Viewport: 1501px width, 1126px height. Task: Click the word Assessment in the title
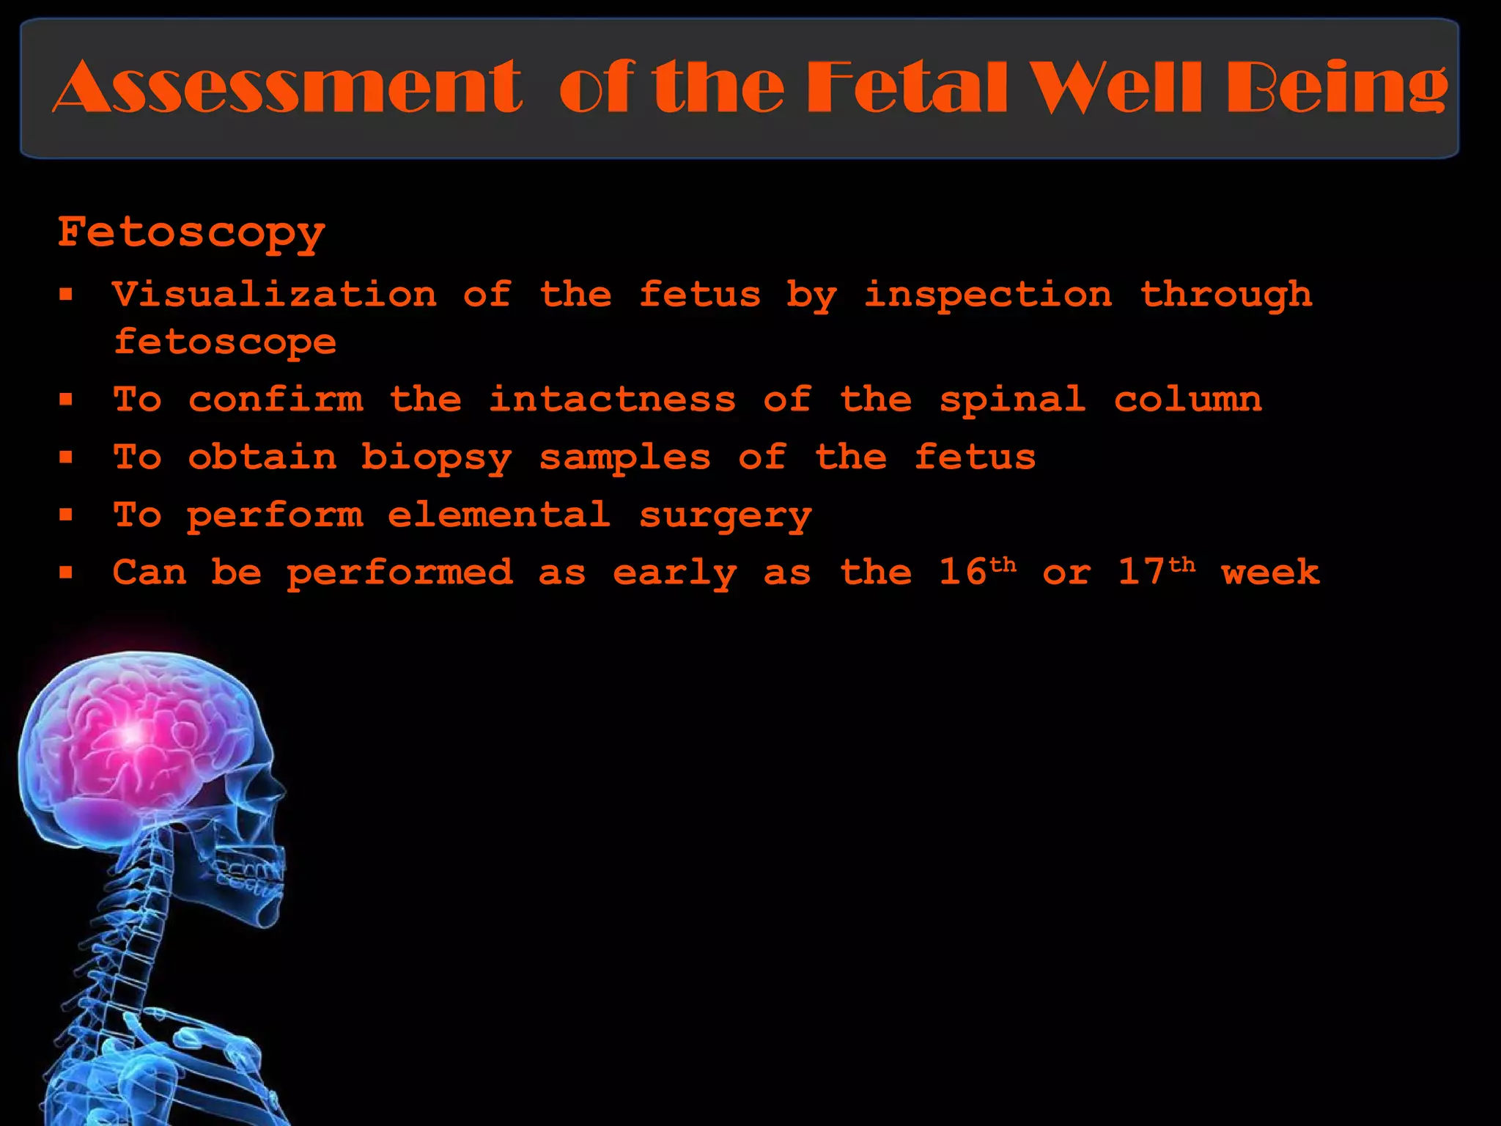click(x=287, y=88)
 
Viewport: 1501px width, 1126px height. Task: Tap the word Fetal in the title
click(x=907, y=88)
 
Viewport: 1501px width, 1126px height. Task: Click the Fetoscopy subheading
click(x=191, y=233)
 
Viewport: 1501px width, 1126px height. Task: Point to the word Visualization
click(x=275, y=295)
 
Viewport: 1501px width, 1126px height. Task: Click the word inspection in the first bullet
click(x=987, y=295)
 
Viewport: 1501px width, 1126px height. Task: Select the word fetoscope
click(x=225, y=342)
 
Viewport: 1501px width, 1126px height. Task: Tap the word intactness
click(x=612, y=400)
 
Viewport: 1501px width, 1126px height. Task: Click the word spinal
click(x=1012, y=400)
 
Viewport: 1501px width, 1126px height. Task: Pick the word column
click(x=1188, y=400)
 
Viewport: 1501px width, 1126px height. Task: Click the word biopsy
click(x=437, y=458)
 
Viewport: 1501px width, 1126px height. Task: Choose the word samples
click(x=625, y=458)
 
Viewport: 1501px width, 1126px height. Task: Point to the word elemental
click(x=499, y=515)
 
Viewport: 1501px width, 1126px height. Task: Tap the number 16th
click(x=978, y=572)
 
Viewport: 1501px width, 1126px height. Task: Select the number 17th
click(x=1157, y=572)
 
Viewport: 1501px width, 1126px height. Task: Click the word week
click(x=1271, y=572)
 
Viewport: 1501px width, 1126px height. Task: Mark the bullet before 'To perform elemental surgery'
click(x=67, y=515)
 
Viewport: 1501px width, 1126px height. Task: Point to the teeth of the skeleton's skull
click(x=253, y=876)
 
